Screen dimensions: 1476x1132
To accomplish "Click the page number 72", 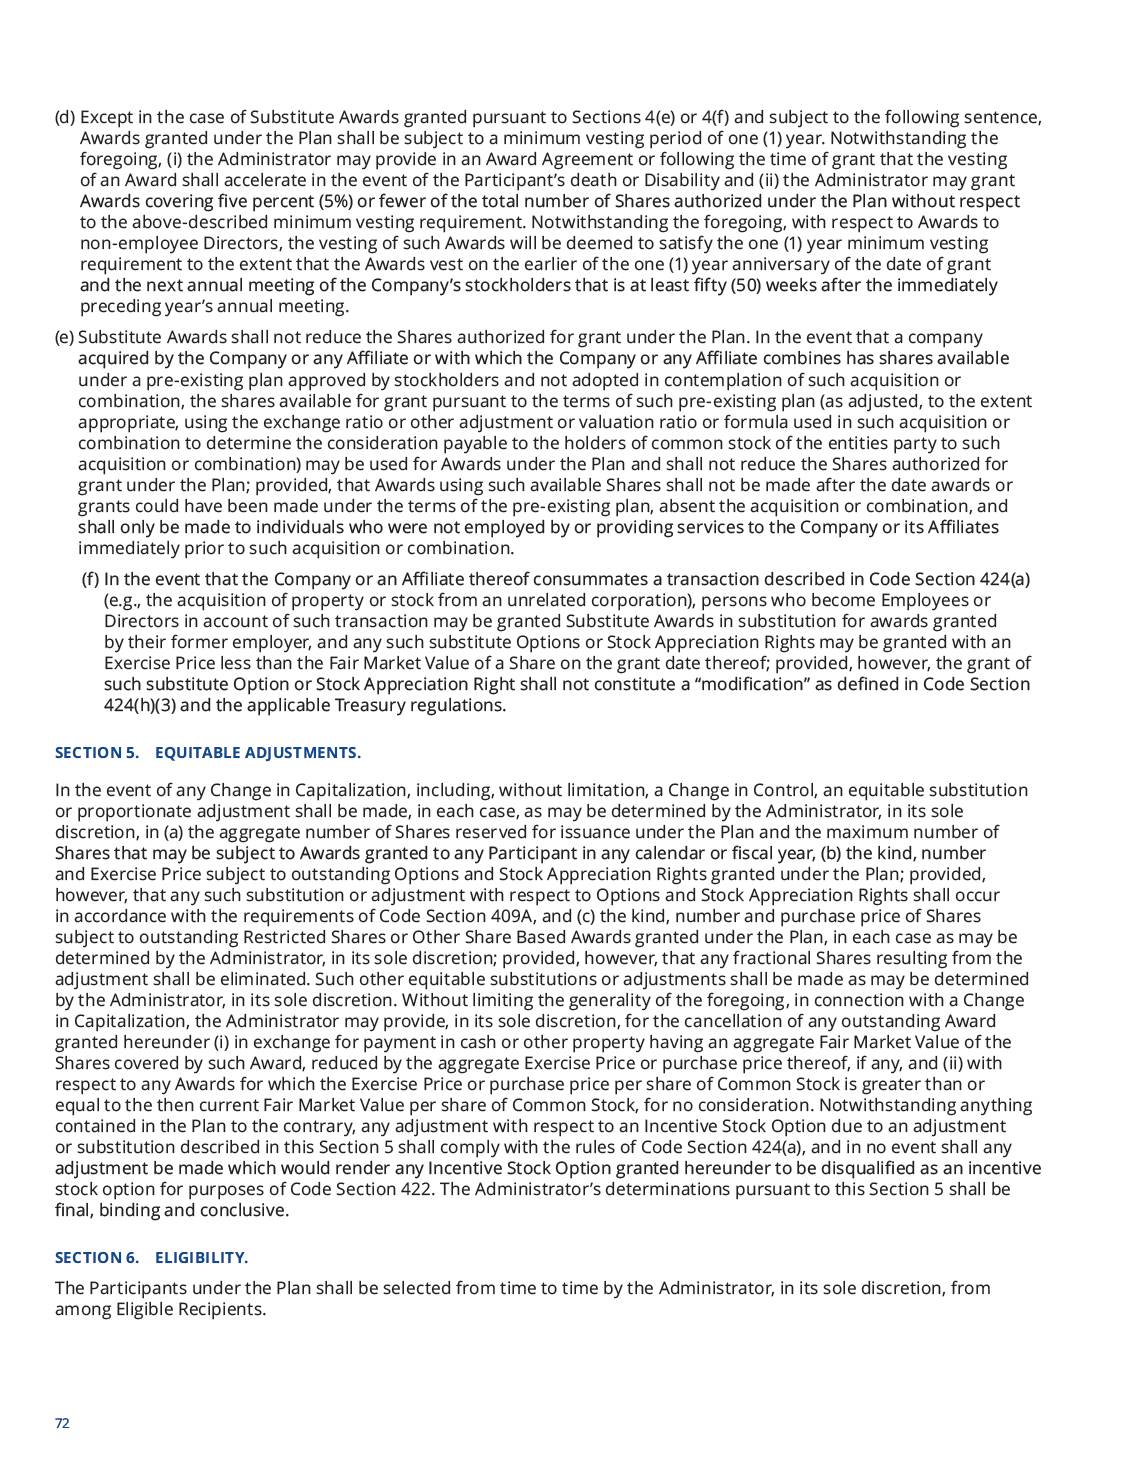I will [x=62, y=1424].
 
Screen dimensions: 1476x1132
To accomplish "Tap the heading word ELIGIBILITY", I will [x=201, y=1258].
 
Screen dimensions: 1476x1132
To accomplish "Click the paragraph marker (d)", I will [x=65, y=117].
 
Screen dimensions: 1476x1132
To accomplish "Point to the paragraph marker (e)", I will [x=64, y=337].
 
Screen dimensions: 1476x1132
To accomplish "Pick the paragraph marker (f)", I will [x=90, y=579].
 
